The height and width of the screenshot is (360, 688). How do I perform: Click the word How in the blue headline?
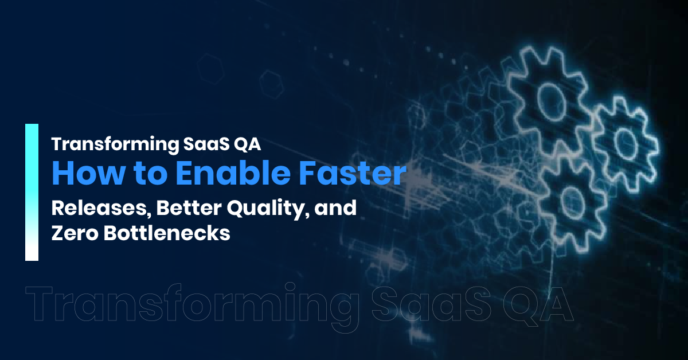[x=88, y=173]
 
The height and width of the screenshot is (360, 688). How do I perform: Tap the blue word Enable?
[x=233, y=173]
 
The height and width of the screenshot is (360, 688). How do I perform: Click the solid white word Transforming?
[x=115, y=144]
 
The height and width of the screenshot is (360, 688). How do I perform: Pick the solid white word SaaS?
[x=206, y=144]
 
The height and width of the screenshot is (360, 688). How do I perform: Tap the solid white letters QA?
[x=247, y=144]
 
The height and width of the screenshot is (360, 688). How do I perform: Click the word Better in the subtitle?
[x=189, y=208]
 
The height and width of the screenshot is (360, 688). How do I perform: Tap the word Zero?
[x=75, y=233]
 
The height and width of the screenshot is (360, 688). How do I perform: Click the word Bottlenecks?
[x=167, y=233]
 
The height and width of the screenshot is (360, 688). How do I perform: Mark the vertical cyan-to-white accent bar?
[x=32, y=192]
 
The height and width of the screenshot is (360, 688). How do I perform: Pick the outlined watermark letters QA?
[x=538, y=304]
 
